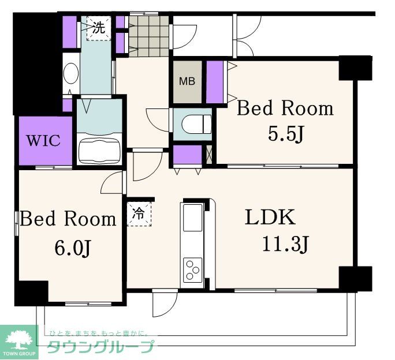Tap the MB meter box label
(x=187, y=81)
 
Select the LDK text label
(x=271, y=217)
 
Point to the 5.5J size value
(x=285, y=134)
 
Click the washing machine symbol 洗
(x=99, y=28)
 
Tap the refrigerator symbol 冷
(x=139, y=214)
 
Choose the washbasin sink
(x=70, y=75)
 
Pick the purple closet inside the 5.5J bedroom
(x=215, y=82)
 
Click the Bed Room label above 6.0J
(x=68, y=219)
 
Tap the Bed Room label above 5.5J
(x=285, y=108)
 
